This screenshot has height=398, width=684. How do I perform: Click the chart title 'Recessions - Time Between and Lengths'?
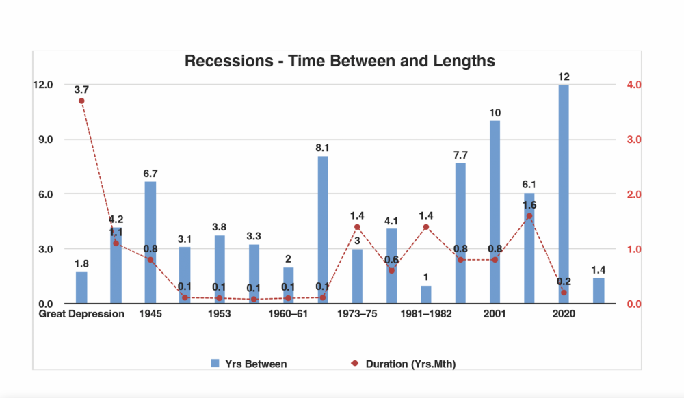[x=339, y=61]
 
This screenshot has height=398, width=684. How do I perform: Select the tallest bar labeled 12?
[x=564, y=194]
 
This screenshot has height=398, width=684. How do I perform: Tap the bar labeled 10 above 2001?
[x=495, y=212]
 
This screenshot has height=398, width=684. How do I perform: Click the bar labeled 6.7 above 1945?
[x=150, y=242]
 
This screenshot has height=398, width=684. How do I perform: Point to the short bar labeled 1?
[x=426, y=295]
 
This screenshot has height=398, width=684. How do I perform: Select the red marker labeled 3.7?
[x=81, y=101]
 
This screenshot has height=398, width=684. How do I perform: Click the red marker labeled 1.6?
[x=529, y=216]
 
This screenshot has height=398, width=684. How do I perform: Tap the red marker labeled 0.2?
[x=564, y=293]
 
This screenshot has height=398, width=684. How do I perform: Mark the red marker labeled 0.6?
[x=392, y=271]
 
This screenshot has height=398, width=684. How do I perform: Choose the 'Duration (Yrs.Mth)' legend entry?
[x=403, y=364]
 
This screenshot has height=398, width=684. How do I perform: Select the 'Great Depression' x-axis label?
[x=81, y=315]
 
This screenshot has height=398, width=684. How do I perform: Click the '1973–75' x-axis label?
[x=357, y=315]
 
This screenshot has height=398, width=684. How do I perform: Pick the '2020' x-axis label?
[x=564, y=315]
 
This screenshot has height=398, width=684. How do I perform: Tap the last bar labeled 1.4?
[x=598, y=291]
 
